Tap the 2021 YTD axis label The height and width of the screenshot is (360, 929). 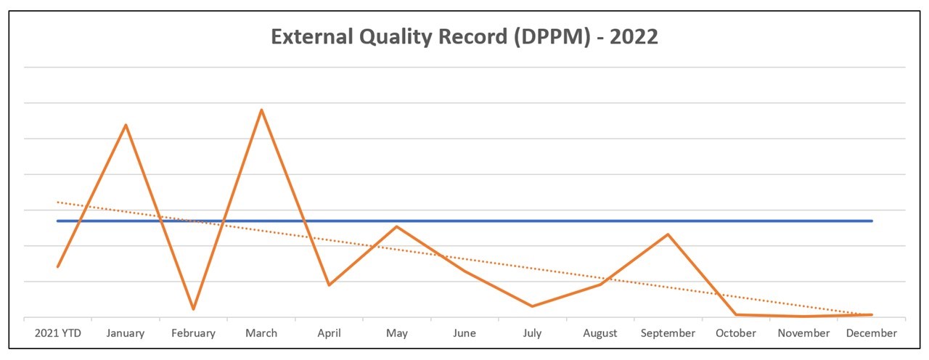(x=58, y=333)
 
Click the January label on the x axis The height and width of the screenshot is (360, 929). (x=126, y=333)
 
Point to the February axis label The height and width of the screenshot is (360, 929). (x=193, y=333)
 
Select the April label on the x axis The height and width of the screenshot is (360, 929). (x=329, y=333)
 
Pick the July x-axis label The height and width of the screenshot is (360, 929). (x=532, y=333)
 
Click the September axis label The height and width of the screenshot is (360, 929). (x=668, y=333)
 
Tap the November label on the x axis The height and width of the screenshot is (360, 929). (x=803, y=333)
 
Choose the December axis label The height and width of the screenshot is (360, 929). (x=871, y=333)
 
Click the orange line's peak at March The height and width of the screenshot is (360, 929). (x=261, y=110)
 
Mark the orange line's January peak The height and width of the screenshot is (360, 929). (x=126, y=125)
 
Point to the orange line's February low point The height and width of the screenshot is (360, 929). (x=193, y=309)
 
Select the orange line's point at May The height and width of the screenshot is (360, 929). (x=396, y=226)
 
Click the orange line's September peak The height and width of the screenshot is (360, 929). (x=668, y=234)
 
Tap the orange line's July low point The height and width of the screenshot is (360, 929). (x=532, y=306)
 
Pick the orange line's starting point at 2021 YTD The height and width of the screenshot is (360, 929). (x=58, y=266)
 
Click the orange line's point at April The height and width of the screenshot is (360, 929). (x=329, y=285)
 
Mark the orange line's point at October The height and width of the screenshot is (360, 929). (x=736, y=314)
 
